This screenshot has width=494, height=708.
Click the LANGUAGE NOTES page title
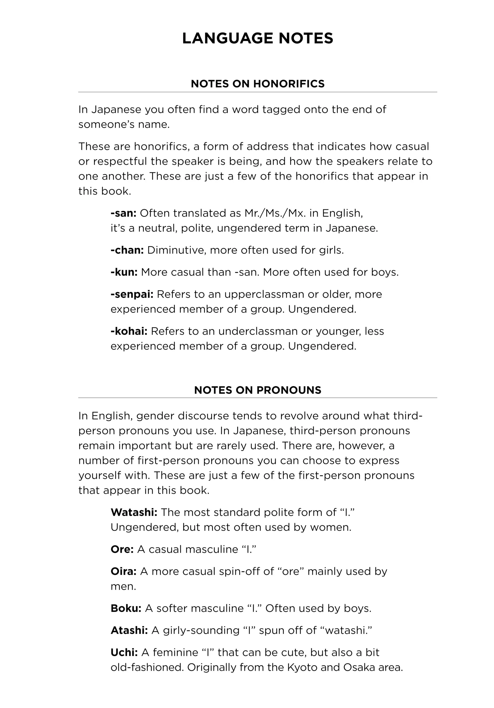pos(257,38)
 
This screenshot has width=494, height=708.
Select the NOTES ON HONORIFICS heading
pos(257,84)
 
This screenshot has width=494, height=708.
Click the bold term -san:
pos(123,213)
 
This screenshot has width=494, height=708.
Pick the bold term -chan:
pos(127,250)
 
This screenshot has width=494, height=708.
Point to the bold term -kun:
pos(124,272)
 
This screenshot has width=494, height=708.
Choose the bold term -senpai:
pos(132,294)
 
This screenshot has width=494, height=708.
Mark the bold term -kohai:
pos(129,331)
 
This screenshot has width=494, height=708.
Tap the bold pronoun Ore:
pos(122,549)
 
